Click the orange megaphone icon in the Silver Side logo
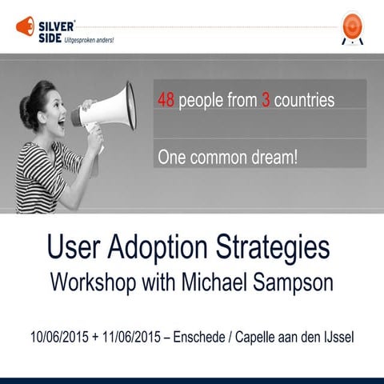point(24,26)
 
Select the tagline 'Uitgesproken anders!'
point(85,38)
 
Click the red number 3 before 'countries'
point(266,102)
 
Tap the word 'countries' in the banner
point(304,102)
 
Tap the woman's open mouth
point(61,126)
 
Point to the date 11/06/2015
point(129,335)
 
